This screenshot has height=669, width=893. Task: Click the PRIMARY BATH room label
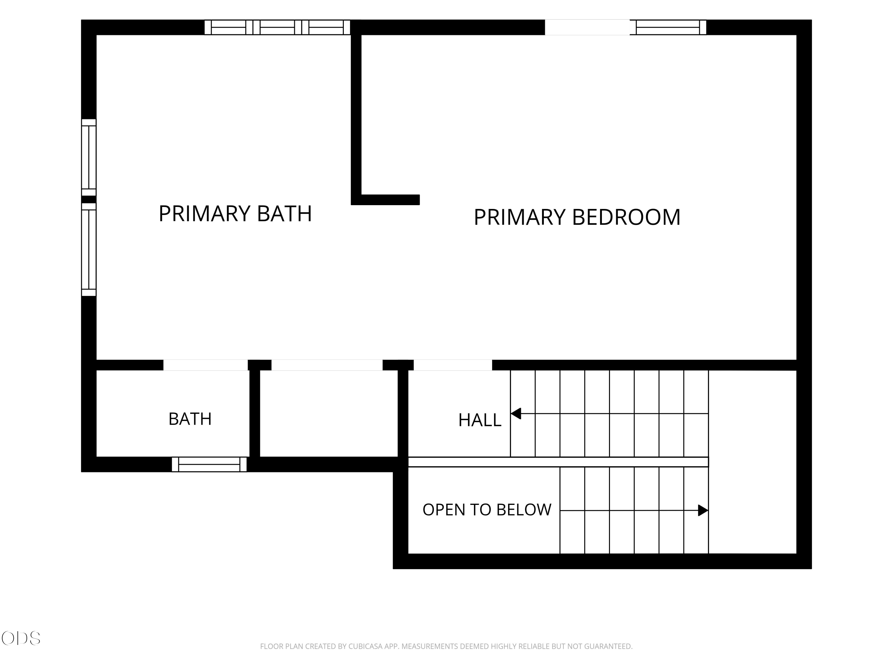[x=235, y=214]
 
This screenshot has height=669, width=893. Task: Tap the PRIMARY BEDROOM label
[x=577, y=217]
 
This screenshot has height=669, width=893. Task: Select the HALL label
[x=480, y=420]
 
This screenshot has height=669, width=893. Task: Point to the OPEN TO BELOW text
[x=487, y=510]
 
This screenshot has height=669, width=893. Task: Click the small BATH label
[x=190, y=419]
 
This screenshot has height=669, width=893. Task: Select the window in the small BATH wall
[x=209, y=464]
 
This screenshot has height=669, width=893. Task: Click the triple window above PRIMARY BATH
[x=277, y=27]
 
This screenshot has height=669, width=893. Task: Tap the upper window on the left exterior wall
[x=89, y=157]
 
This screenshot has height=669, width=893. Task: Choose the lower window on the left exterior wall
[x=89, y=250]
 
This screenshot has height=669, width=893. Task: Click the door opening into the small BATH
[x=205, y=365]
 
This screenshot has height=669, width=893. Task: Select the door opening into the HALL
[x=453, y=365]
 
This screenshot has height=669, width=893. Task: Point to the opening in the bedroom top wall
[x=587, y=27]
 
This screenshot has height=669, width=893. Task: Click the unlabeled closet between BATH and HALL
[x=329, y=414]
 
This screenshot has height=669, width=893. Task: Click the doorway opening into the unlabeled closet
[x=327, y=365]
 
